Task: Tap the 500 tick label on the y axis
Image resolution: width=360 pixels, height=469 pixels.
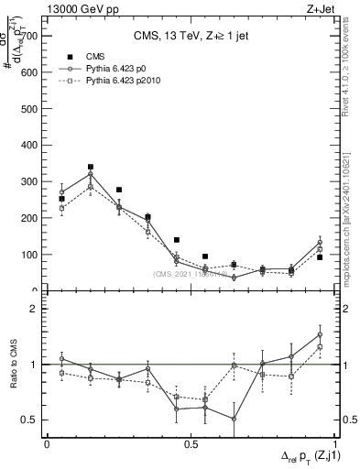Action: (x=29, y=109)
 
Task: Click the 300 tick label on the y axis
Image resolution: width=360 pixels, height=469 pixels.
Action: (x=29, y=182)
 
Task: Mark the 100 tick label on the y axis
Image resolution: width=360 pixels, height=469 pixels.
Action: (x=29, y=255)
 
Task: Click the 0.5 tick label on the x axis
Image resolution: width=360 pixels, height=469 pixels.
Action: (x=191, y=444)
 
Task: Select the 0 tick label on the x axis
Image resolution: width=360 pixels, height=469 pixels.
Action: (x=47, y=444)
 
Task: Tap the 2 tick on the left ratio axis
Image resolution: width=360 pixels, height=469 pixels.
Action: (x=36, y=310)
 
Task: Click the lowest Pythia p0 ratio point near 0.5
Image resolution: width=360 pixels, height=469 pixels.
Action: (x=234, y=419)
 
